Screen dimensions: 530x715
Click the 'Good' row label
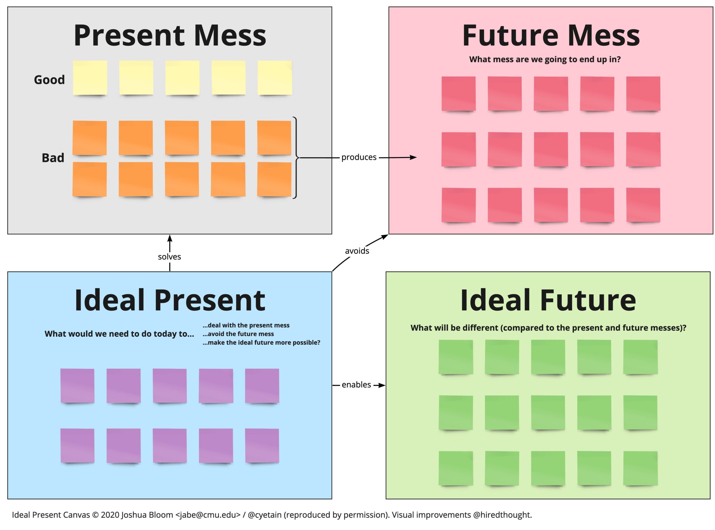pos(49,80)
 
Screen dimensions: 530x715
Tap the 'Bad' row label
pos(53,158)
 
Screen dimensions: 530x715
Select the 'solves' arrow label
pos(169,257)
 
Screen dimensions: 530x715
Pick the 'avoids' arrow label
pos(357,251)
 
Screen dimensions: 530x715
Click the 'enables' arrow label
pos(356,385)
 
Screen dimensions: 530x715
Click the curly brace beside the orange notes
pos(295,158)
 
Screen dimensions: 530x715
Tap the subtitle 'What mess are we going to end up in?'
pos(545,59)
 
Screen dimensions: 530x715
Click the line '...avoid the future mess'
pos(238,334)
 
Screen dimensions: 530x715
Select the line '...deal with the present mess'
pos(246,325)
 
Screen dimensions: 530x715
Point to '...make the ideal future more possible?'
pos(261,343)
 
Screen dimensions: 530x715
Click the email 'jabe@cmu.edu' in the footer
pos(208,515)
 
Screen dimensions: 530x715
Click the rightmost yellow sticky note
pos(275,78)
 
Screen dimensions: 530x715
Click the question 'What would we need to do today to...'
pos(119,334)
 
